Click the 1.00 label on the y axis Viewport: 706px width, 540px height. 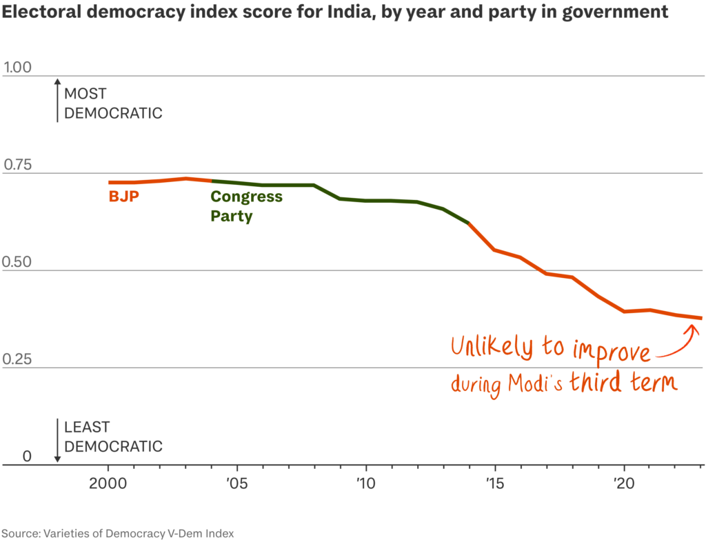17,67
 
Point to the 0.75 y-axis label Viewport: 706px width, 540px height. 17,165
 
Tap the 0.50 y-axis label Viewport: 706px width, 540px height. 17,261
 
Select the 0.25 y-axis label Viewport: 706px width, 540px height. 17,359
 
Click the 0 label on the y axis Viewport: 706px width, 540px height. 27,457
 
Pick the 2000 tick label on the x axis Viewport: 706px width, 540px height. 108,483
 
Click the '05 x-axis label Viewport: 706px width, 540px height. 237,483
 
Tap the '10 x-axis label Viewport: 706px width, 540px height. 365,483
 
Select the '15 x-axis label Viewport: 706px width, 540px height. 495,483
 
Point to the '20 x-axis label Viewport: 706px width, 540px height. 623,483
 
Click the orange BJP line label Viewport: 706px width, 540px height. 124,197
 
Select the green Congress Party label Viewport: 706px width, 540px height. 246,206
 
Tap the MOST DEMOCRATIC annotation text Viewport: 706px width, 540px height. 113,103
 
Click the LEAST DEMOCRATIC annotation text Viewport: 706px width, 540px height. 113,437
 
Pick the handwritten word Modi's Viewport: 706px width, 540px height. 535,383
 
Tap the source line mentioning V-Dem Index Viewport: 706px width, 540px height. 117,533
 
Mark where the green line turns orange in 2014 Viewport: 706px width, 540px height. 469,223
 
